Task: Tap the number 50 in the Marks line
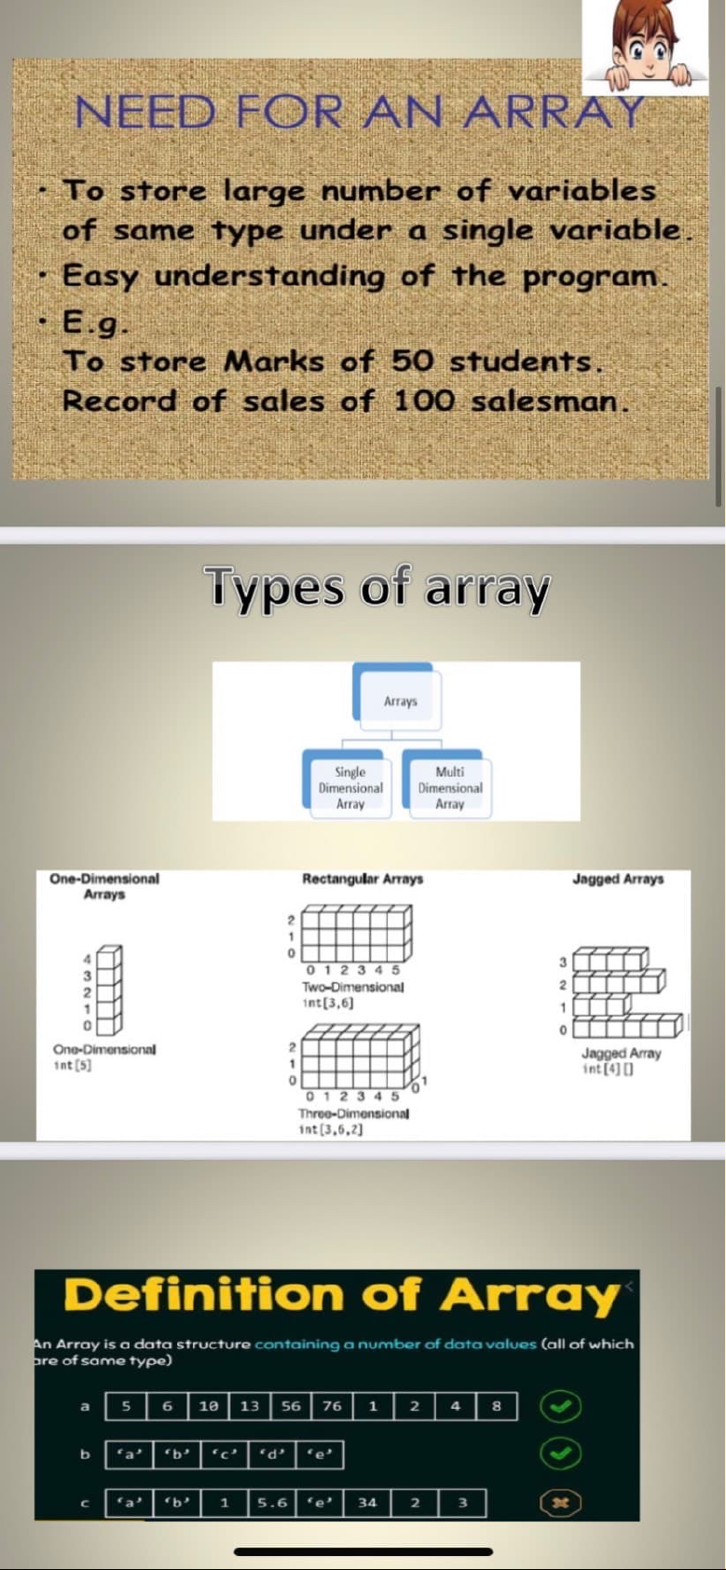[x=412, y=362]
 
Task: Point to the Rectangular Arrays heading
[x=363, y=879]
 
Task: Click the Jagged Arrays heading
[x=617, y=879]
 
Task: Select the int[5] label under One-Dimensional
[x=67, y=1065]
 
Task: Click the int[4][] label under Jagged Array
[x=608, y=1069]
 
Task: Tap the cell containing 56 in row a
[x=291, y=1405]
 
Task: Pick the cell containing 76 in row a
[x=332, y=1405]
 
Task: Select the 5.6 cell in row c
[x=272, y=1502]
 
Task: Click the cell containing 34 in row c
[x=367, y=1502]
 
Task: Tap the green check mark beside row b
[x=560, y=1454]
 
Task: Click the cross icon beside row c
[x=560, y=1502]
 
